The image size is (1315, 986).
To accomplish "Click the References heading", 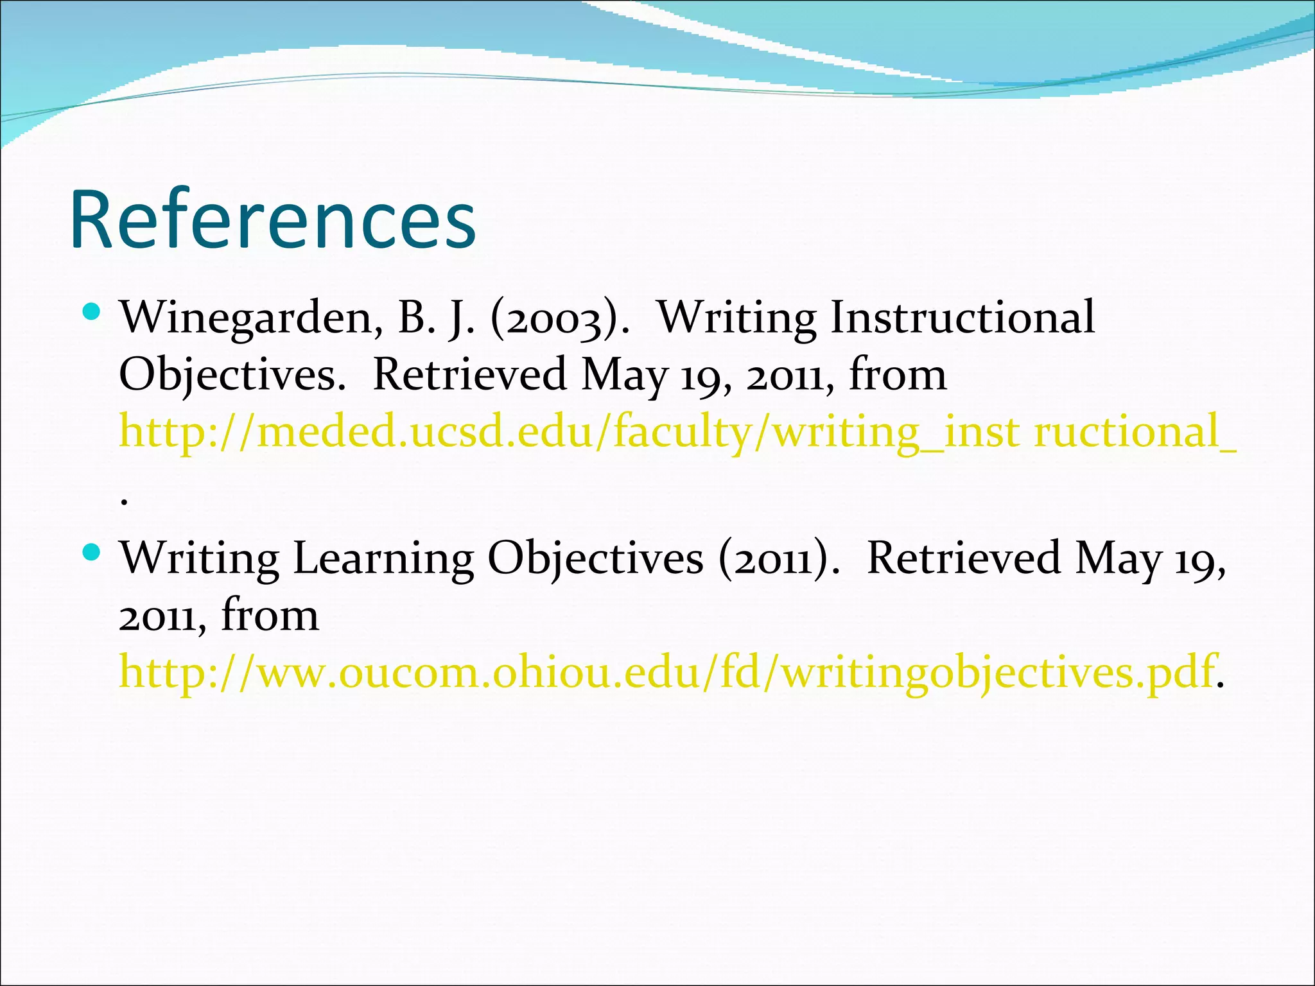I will pyautogui.click(x=273, y=220).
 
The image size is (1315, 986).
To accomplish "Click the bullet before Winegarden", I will pyautogui.click(x=92, y=313).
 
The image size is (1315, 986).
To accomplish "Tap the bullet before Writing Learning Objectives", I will pyautogui.click(x=92, y=551).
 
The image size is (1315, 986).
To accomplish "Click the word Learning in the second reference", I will pyautogui.click(x=383, y=558).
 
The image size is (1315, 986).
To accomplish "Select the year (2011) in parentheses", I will pyautogui.click(x=778, y=558).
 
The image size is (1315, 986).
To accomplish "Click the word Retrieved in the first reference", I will pyautogui.click(x=469, y=374).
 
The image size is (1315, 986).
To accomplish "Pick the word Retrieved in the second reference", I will pyautogui.click(x=963, y=558).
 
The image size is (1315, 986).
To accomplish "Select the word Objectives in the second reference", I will pyautogui.click(x=595, y=558).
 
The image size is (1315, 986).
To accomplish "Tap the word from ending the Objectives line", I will pyautogui.click(x=897, y=374).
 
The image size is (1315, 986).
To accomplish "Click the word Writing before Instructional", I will pyautogui.click(x=737, y=318).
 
